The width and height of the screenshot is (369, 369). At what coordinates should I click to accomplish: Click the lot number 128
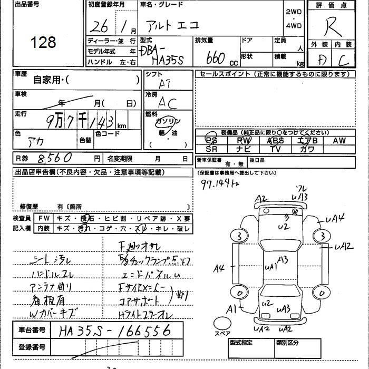(x=43, y=42)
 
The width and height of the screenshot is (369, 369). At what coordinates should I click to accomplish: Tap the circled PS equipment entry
(x=211, y=140)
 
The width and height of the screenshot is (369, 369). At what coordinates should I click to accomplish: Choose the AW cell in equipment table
(x=339, y=140)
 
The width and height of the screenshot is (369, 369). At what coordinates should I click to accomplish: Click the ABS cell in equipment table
(x=275, y=140)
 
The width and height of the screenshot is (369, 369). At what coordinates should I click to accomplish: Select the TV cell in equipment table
(x=275, y=149)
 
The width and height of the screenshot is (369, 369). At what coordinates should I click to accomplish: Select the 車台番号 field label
(x=31, y=330)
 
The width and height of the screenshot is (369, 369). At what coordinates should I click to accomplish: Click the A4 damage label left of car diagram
(x=219, y=268)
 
